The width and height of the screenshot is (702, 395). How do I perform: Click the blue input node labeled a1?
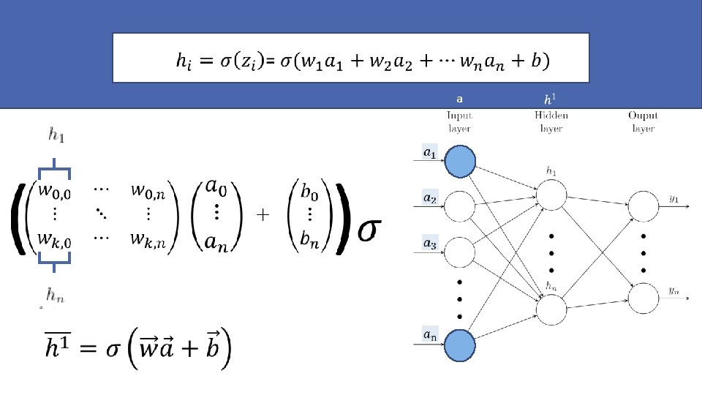pos(460,160)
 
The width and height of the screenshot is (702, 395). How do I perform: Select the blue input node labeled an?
pos(460,345)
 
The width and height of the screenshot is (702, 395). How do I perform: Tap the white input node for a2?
pos(460,206)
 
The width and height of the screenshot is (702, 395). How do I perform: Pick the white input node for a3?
pos(460,252)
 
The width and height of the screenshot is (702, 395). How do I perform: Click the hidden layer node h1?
pos(552,195)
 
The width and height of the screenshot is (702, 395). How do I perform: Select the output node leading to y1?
pos(643,206)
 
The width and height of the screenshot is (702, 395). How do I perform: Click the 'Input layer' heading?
pos(460,121)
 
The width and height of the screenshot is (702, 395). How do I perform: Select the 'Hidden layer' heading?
pos(551,121)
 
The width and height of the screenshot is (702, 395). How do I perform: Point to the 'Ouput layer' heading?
pos(643,121)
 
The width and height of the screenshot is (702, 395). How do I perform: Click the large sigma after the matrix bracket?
pos(370,229)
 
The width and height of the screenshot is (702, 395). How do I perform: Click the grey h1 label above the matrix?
pos(55,134)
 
